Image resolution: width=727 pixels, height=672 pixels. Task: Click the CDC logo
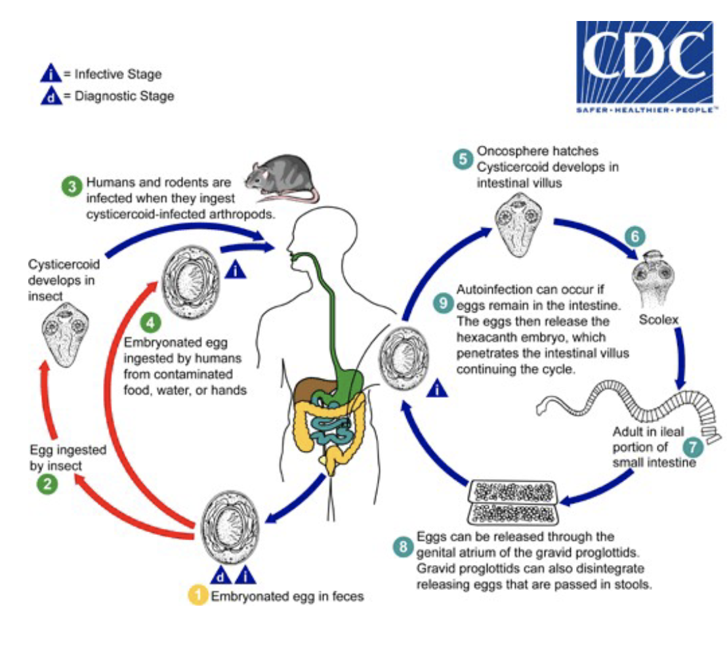click(x=644, y=66)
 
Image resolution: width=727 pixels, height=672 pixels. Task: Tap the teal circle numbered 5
click(x=463, y=157)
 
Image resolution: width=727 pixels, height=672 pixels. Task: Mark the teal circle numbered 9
click(x=444, y=302)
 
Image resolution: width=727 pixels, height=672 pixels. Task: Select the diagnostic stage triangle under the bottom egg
click(x=221, y=576)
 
